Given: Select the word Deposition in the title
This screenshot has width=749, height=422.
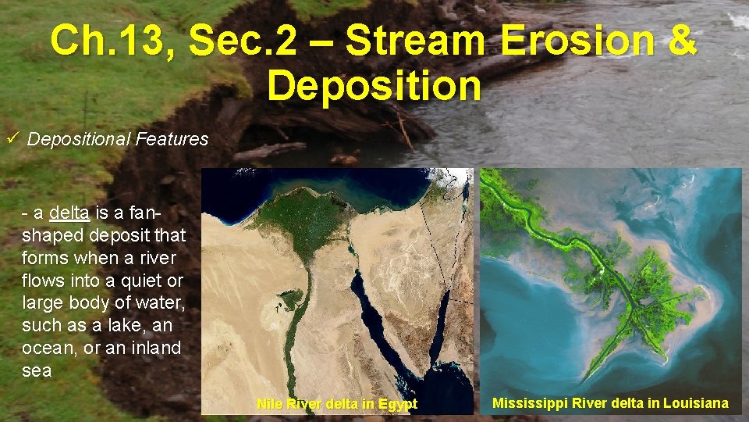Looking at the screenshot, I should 374,85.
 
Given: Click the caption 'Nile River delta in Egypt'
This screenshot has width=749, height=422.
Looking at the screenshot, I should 336,404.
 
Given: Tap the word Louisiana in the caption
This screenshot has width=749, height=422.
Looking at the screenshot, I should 694,403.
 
